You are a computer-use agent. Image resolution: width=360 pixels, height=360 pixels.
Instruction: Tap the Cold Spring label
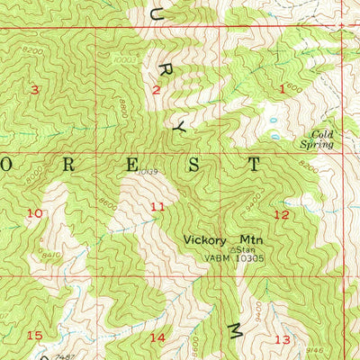(x=316, y=138)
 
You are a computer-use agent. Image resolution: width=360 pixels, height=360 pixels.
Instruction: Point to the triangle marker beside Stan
(x=232, y=250)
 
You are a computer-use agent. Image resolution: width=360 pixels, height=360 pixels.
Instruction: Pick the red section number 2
(x=156, y=89)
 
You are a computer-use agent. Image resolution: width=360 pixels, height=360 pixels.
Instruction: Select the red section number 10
(x=35, y=213)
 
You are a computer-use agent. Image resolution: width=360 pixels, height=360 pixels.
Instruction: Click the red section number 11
(x=157, y=208)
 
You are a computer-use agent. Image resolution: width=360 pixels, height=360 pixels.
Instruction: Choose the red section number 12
(x=282, y=214)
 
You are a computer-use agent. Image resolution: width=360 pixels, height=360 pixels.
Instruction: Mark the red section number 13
(x=283, y=339)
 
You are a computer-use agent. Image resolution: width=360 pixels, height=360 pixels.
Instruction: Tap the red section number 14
(x=157, y=337)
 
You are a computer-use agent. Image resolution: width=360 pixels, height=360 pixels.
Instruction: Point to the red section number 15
(x=35, y=336)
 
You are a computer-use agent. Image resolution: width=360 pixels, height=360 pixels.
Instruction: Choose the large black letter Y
(x=178, y=130)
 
